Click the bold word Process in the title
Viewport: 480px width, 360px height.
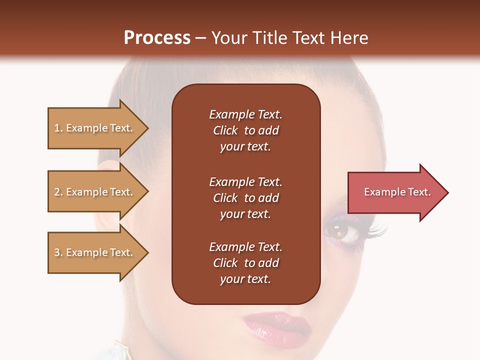pyautogui.click(x=157, y=38)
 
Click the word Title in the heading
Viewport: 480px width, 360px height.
pyautogui.click(x=269, y=38)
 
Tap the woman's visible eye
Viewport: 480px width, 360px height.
pyautogui.click(x=336, y=231)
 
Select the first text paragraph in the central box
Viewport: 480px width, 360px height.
pyautogui.click(x=245, y=130)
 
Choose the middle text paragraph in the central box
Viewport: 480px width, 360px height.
pyautogui.click(x=245, y=198)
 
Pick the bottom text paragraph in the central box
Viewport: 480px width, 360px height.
pyautogui.click(x=245, y=263)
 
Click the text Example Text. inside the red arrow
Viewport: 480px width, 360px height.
pyautogui.click(x=397, y=192)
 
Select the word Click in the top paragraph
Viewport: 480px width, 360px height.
pyautogui.click(x=225, y=130)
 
